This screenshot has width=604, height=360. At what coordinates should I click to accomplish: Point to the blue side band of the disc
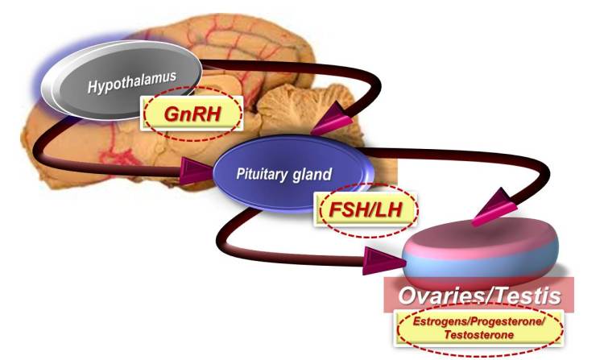[483, 270]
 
